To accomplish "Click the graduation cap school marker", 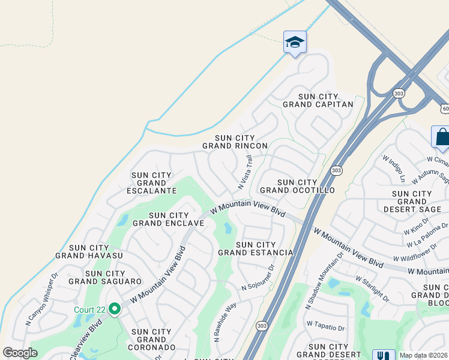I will click(295, 43).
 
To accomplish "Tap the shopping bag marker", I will click(442, 136).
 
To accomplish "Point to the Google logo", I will click(19, 353).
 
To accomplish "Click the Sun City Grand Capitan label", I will click(318, 100).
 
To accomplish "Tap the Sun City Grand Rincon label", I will click(235, 142).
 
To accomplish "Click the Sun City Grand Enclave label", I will click(169, 219).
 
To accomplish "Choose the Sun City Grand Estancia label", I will click(256, 248).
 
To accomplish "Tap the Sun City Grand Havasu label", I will click(89, 251).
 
